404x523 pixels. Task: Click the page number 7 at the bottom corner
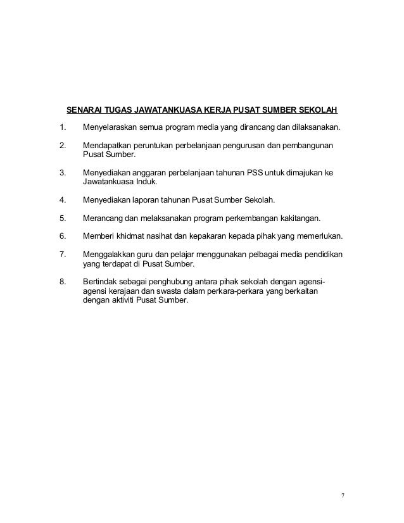tap(343, 495)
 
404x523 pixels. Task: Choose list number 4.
tap(62, 200)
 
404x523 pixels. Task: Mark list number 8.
tap(62, 282)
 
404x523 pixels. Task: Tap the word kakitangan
tap(298, 218)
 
